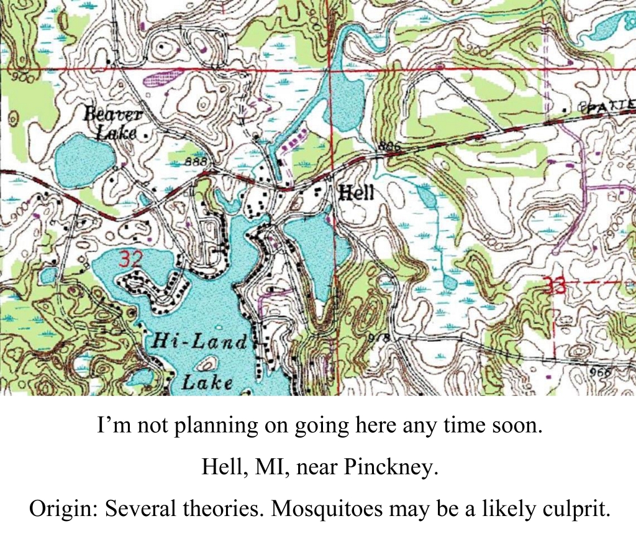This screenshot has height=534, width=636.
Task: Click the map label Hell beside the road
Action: (x=357, y=193)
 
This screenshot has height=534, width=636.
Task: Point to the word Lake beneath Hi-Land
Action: (x=207, y=381)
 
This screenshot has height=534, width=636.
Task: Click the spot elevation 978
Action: (x=378, y=338)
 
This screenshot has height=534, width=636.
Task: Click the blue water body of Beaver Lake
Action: (x=84, y=160)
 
